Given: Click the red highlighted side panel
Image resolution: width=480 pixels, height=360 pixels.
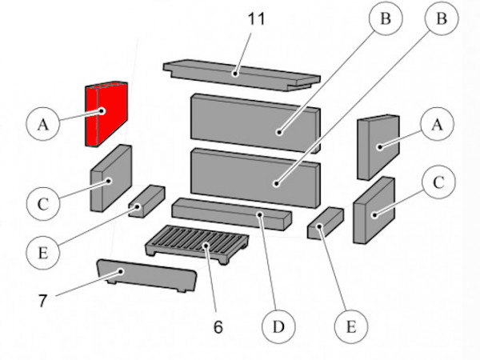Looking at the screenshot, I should coord(106,114).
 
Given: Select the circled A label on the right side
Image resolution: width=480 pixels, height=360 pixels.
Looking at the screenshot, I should coord(436,124).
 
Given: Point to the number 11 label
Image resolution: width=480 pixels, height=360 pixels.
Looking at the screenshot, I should coord(256,18).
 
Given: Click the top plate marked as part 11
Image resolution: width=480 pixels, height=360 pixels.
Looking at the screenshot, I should coord(240,76).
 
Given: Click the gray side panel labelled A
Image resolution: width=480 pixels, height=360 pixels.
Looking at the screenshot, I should coord(378,146).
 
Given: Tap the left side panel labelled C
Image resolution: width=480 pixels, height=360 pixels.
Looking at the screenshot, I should coord(110,178).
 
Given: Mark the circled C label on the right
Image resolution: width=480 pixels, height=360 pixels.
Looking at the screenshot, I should coord(438,183).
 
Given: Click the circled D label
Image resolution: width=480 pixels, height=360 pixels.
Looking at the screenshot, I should coord(278,327).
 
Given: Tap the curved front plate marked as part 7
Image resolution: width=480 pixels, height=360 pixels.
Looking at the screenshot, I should coord(146,275).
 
